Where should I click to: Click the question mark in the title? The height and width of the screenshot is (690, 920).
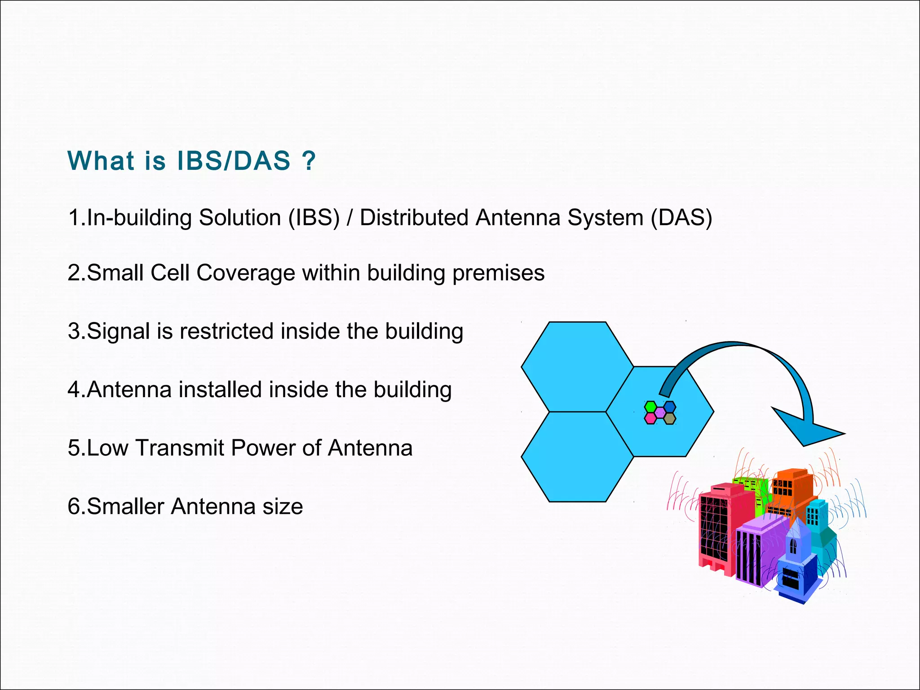click(x=309, y=161)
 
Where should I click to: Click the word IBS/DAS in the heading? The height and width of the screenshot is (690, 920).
click(x=234, y=161)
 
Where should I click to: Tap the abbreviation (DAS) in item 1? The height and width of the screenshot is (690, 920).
click(x=681, y=218)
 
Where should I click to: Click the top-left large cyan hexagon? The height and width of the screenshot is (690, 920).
click(x=577, y=366)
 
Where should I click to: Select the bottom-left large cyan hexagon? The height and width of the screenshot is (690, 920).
click(x=577, y=457)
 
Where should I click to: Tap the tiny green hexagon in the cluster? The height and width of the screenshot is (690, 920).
click(x=650, y=407)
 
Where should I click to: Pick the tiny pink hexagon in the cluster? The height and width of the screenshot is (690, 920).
click(x=650, y=418)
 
